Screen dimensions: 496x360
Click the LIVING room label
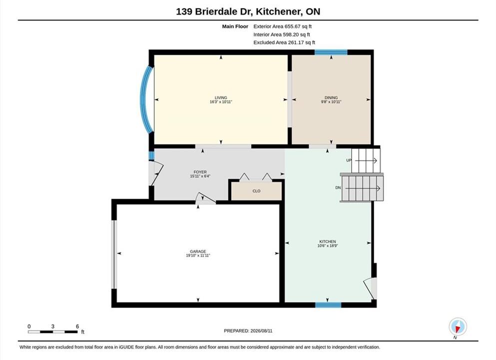(221, 98)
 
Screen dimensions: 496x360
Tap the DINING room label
(331, 98)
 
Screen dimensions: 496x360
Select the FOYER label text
(200, 172)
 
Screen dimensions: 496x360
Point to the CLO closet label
(257, 191)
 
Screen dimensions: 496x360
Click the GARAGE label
(198, 251)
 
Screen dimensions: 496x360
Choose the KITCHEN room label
(327, 241)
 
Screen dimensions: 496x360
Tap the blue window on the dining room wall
(331, 52)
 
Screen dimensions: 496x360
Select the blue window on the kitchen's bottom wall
(328, 305)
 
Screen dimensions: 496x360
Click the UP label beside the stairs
(349, 160)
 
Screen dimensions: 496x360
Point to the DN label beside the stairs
(338, 188)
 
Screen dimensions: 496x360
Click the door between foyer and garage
(206, 198)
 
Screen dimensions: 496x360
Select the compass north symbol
(458, 327)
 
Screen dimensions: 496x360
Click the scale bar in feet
(52, 332)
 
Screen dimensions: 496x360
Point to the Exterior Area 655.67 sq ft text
(283, 26)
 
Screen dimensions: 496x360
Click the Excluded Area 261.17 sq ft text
(284, 42)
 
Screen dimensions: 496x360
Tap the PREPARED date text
(248, 331)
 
